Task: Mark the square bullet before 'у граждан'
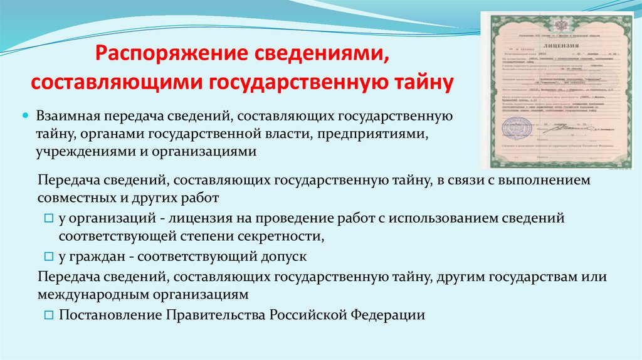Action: [x=50, y=257]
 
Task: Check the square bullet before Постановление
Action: [x=50, y=315]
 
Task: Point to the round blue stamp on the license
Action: [x=518, y=128]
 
